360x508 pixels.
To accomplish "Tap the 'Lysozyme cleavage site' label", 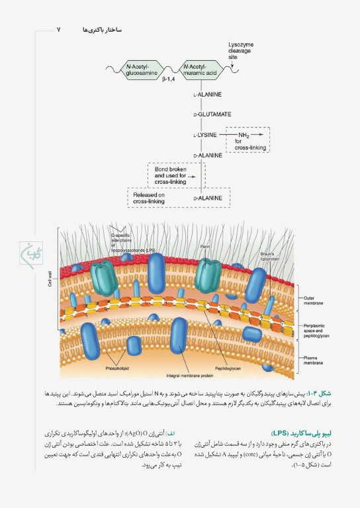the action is coord(241,50).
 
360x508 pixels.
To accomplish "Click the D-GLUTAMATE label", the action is coord(212,114).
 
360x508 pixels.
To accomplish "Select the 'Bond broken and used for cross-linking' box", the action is coord(175,173).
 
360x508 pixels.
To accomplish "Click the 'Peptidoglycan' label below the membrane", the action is coord(226,368).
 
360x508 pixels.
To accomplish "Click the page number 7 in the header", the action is coord(59,30).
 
